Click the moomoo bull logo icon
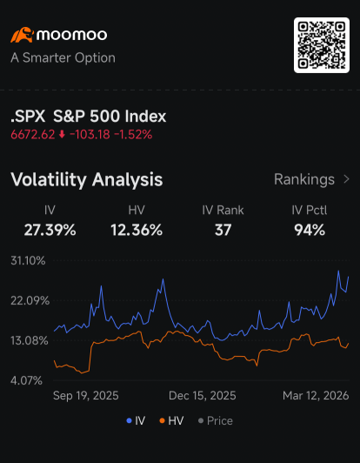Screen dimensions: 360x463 coord(22,35)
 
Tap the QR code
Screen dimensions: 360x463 coord(322,45)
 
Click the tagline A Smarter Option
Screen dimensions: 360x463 coord(63,57)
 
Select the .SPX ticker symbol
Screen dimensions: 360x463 coord(28,117)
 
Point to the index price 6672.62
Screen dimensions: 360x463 coord(33,135)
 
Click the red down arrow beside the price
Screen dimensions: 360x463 coord(62,135)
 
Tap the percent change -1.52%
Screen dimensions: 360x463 coord(133,135)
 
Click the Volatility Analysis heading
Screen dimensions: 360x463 coord(86,179)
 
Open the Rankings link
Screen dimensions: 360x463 coord(312,179)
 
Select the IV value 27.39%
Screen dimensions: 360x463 coord(50,230)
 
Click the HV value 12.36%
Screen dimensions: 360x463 coord(137,230)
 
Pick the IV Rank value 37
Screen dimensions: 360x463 coord(223,230)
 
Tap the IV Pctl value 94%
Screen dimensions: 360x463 coord(310,230)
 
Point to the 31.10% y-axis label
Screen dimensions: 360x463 coord(28,261)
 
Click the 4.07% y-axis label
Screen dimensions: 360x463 coord(26,380)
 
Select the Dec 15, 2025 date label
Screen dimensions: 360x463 coord(202,396)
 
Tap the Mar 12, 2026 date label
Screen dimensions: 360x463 coord(316,396)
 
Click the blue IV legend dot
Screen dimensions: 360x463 coord(129,420)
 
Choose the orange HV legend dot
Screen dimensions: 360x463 coord(162,420)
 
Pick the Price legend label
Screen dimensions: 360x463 coord(220,420)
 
